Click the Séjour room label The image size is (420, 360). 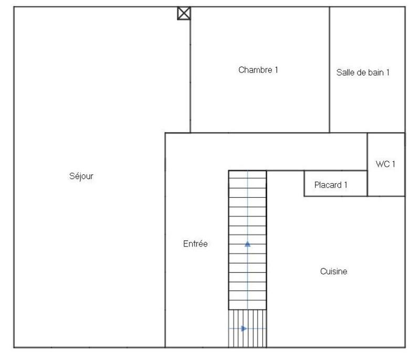81,176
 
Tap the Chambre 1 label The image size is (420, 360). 258,70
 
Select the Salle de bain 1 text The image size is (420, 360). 363,73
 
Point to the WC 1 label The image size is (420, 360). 385,164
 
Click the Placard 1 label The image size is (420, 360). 331,185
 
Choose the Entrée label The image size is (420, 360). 195,244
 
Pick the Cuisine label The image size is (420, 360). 333,272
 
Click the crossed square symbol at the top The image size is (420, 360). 184,13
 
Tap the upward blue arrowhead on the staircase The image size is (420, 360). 247,243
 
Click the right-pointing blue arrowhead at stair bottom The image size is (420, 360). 244,329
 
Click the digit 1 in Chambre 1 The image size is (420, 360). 276,70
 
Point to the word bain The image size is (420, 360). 375,73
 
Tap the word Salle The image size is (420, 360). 344,73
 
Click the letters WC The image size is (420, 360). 382,164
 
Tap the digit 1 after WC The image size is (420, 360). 393,164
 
